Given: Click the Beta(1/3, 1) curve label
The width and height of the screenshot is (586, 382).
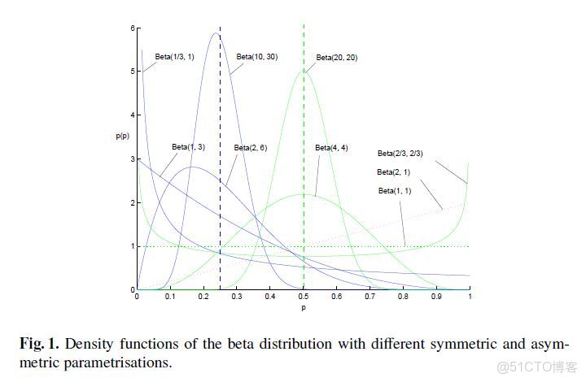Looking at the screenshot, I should coord(173,57).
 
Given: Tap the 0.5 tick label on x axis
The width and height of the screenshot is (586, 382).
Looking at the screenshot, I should coord(303,298).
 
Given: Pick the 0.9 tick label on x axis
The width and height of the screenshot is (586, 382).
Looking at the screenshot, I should coord(436,298).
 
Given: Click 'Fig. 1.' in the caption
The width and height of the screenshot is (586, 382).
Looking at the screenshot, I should coord(41,344).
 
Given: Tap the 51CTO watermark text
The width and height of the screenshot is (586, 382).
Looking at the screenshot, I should coord(538,367).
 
